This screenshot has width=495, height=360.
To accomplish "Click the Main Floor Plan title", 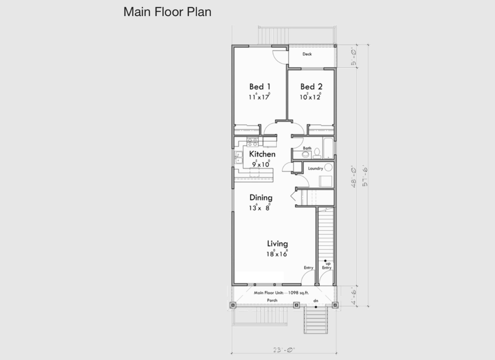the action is (167, 12).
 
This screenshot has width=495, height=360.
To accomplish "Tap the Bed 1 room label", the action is (260, 86).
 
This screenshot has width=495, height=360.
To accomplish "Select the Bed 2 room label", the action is (311, 86).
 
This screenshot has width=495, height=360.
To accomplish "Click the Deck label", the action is (307, 54).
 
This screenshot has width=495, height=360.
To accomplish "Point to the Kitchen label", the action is (262, 154).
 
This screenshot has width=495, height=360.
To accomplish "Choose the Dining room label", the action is (261, 198).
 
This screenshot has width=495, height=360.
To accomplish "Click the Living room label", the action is (278, 244).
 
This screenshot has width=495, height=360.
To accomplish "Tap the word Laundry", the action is (315, 168).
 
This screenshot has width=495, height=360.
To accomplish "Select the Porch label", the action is (272, 300).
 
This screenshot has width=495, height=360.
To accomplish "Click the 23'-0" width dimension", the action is (284, 350).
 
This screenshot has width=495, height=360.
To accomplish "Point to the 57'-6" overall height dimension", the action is (365, 175).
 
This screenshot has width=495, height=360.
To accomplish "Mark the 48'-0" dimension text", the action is (354, 177).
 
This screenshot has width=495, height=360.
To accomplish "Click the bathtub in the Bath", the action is (328, 148).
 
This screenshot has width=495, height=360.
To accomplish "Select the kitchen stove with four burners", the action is (252, 142).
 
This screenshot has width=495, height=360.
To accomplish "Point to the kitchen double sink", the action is (238, 157).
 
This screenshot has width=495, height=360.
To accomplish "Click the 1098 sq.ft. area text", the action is (298, 293).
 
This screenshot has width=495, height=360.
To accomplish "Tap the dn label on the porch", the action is (316, 301).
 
